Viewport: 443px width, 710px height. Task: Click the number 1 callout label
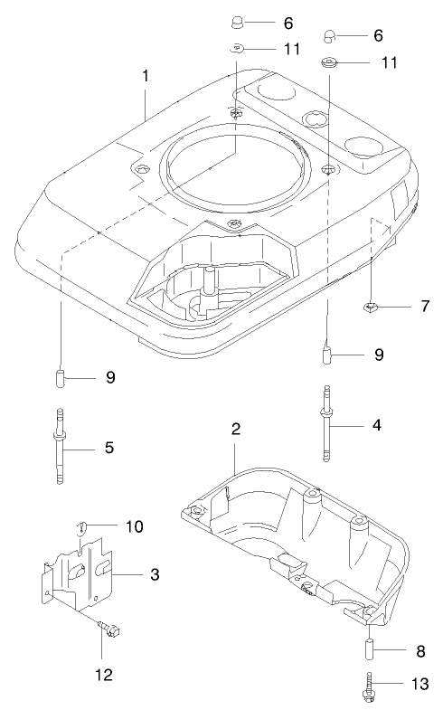[x=145, y=77]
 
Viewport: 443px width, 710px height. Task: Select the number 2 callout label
[x=235, y=429]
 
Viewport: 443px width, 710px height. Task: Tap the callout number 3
[x=155, y=574]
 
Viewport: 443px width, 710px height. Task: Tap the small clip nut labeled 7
[x=372, y=308]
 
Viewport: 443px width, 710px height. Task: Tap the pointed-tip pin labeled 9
[x=329, y=351]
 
